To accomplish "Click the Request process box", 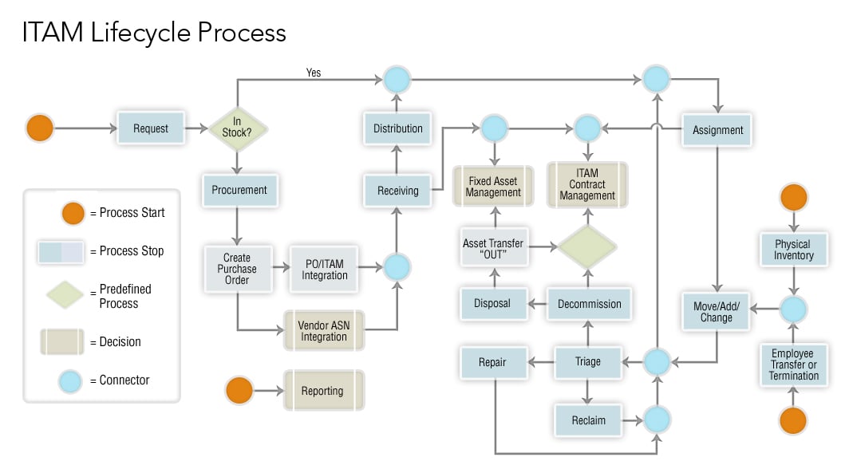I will [x=151, y=128].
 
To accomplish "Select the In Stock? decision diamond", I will [x=237, y=128].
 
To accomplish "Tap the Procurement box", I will [x=239, y=191].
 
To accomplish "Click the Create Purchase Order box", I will [x=237, y=269].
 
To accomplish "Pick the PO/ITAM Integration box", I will [x=324, y=269].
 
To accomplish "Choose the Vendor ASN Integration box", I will [x=324, y=330].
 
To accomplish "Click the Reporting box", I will [x=323, y=391].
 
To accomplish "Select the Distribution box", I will [x=397, y=128].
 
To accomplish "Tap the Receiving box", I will [x=397, y=191].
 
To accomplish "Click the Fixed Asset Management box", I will [x=494, y=187].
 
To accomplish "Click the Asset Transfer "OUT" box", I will [x=494, y=248].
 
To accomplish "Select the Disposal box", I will [x=494, y=304].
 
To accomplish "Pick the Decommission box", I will [x=589, y=304].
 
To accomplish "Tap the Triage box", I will [x=588, y=362].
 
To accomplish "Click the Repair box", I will [x=494, y=362].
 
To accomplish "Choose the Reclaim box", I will [x=588, y=420].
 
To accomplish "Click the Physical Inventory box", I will [x=793, y=250].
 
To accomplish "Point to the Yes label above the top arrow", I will [x=314, y=73].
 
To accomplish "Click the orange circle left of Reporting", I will [x=239, y=391].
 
